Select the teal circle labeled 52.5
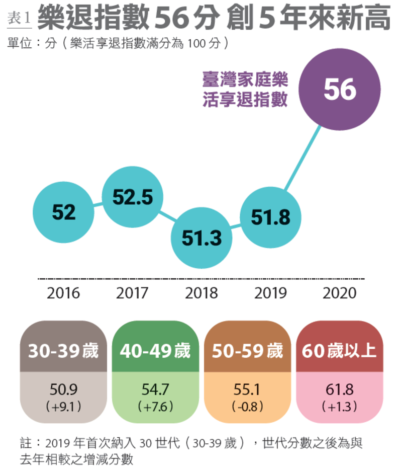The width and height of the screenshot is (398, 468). (133, 197)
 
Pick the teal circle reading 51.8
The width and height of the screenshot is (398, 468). (271, 217)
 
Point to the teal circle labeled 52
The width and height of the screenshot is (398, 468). (64, 212)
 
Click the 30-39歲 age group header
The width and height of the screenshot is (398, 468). (64, 351)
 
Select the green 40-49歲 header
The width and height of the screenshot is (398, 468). (155, 351)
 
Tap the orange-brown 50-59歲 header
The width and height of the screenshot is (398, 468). (247, 351)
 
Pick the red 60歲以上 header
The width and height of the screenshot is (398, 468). (339, 351)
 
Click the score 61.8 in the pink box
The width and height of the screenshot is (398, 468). (339, 389)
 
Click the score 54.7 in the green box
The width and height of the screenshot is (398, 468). (155, 389)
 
